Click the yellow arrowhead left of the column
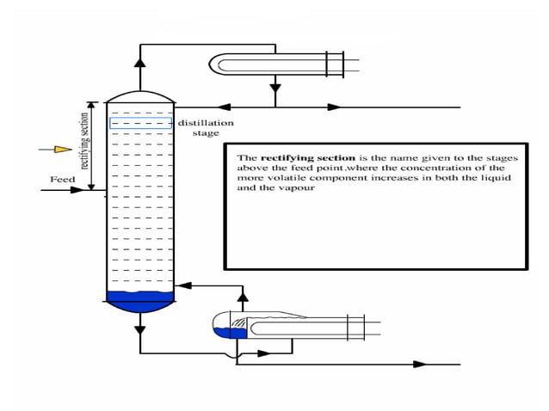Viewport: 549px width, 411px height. [62, 150]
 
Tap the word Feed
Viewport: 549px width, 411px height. [62, 180]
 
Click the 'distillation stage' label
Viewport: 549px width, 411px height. [205, 128]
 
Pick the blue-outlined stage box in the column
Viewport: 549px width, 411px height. [140, 124]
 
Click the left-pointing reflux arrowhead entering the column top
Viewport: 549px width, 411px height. [224, 107]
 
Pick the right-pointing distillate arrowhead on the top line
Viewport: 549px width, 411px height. [334, 107]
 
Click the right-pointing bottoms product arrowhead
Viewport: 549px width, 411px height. [419, 364]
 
